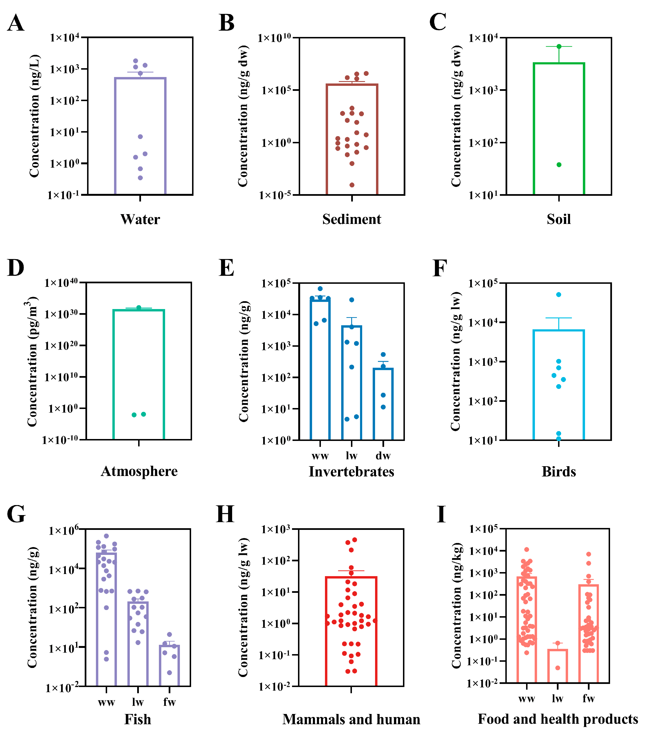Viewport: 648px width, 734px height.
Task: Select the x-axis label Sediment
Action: pyautogui.click(x=351, y=219)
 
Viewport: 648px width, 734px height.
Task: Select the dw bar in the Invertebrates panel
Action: pyautogui.click(x=383, y=406)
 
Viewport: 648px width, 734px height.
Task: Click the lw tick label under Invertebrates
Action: pyautogui.click(x=351, y=456)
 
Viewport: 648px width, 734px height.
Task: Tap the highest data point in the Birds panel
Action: pyautogui.click(x=559, y=295)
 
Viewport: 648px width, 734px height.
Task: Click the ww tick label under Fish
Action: pyautogui.click(x=106, y=702)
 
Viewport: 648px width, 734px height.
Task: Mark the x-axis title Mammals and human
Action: pyautogui.click(x=351, y=719)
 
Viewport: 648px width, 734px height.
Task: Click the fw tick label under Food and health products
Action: pyautogui.click(x=588, y=698)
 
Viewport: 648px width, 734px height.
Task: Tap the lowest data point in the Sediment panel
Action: pyautogui.click(x=352, y=185)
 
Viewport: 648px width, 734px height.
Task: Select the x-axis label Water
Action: pyautogui.click(x=140, y=219)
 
